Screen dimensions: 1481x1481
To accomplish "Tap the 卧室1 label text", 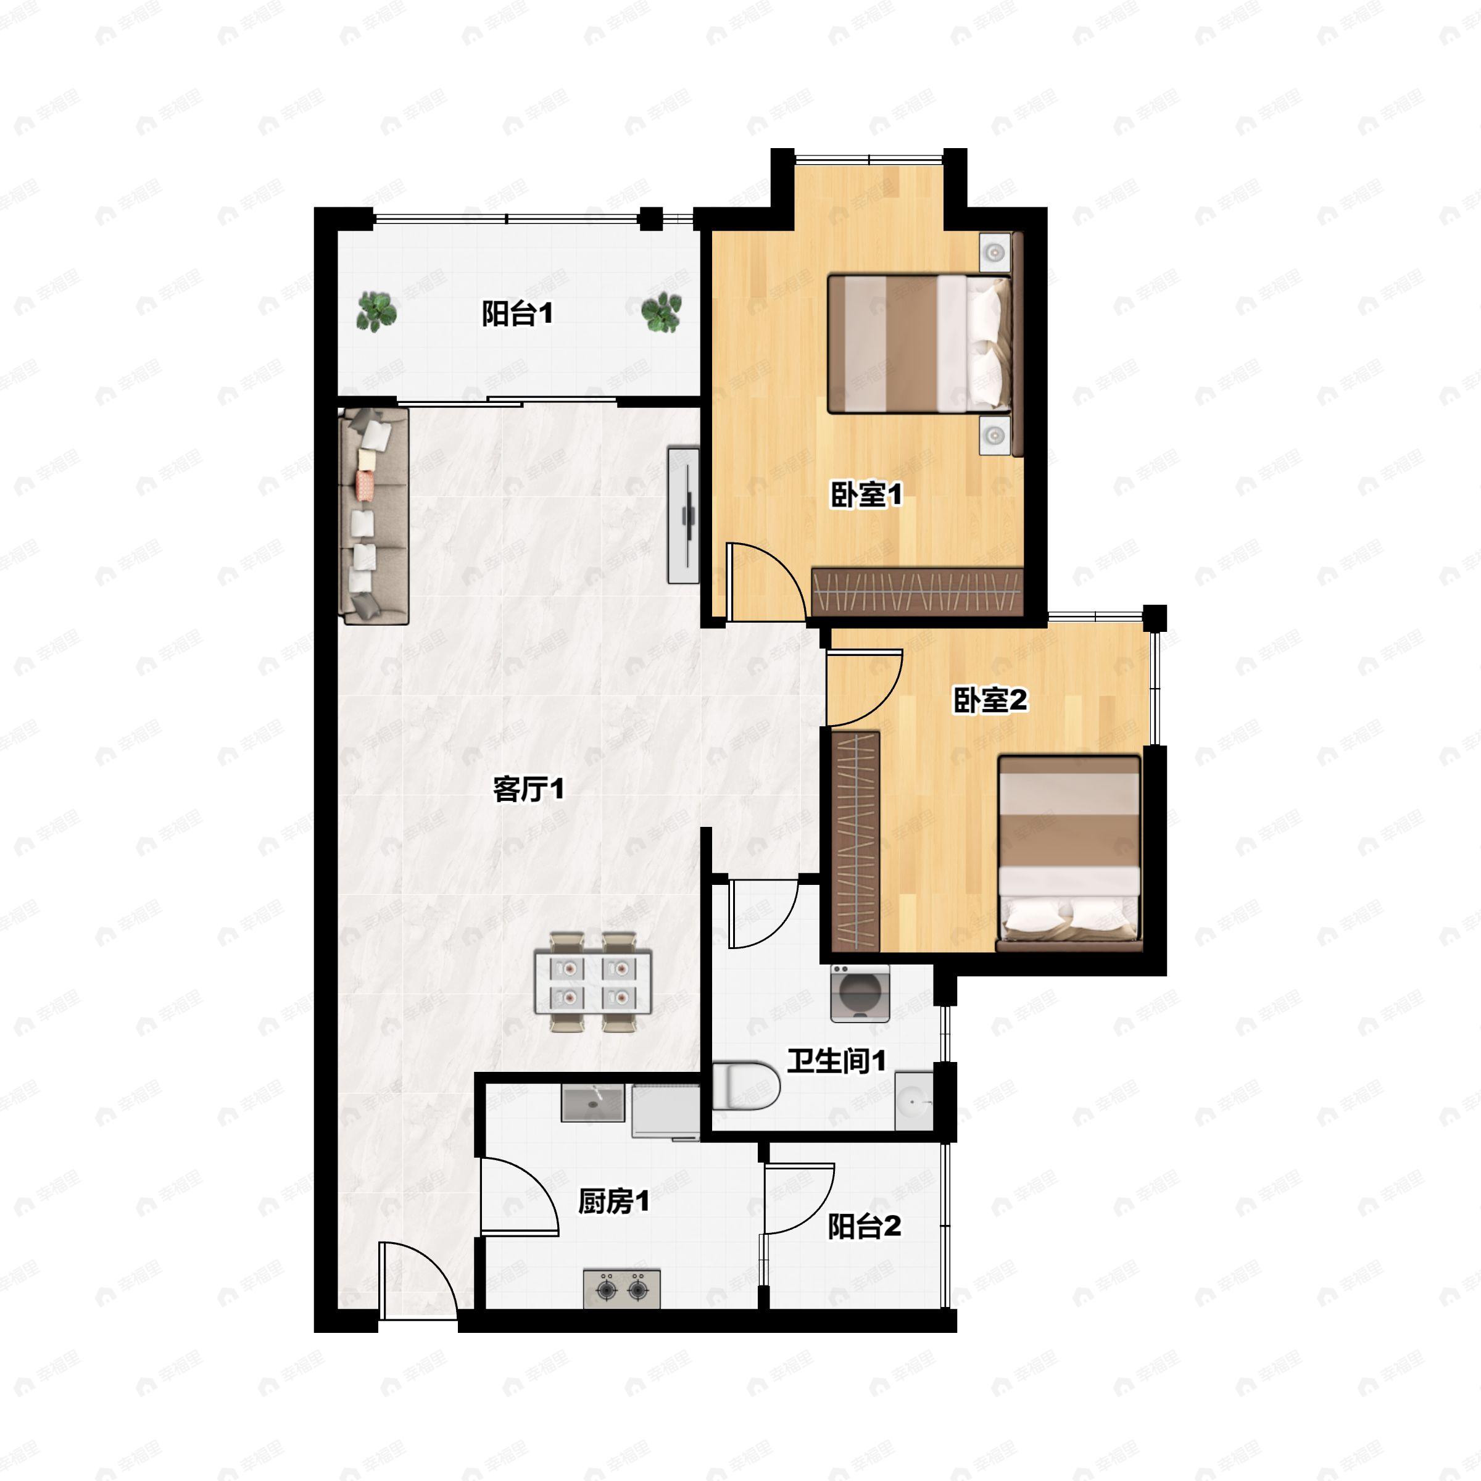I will click(866, 494).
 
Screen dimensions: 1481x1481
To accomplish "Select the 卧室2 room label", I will click(990, 699).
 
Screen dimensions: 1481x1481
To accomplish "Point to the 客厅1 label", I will click(528, 789).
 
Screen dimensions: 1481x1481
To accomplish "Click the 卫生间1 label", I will click(836, 1061).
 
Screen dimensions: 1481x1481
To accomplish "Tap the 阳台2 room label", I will click(864, 1227).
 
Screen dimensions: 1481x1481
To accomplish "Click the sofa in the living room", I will click(373, 515).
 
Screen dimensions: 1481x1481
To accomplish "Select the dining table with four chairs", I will click(593, 982).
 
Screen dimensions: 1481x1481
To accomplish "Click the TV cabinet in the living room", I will click(683, 515).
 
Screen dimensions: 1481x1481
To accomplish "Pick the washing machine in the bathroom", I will click(860, 994).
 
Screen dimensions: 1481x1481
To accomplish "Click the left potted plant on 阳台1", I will click(376, 311).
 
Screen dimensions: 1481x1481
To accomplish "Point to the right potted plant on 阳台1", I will click(661, 312).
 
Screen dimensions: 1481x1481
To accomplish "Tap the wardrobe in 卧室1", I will click(917, 592).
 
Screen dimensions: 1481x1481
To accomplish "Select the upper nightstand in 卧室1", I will click(994, 252).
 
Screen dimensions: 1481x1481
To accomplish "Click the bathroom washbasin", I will click(914, 1101).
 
